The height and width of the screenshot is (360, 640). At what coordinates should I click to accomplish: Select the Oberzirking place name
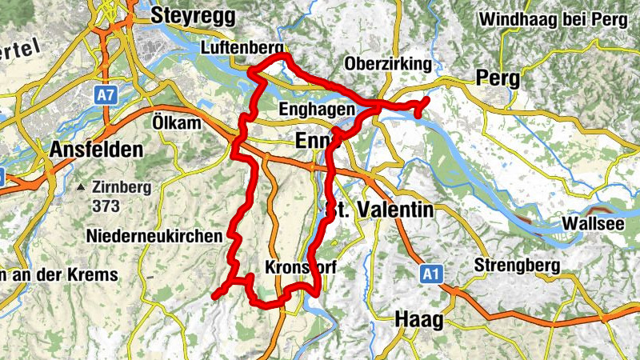[389, 64]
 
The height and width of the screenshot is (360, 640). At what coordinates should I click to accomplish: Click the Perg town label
[498, 78]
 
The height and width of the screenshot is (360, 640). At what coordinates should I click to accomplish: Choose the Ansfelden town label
[96, 150]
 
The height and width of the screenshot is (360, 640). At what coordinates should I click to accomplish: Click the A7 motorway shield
[105, 95]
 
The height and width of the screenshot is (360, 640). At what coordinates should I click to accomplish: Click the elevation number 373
[105, 206]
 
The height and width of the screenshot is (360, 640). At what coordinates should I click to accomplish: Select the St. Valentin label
[380, 210]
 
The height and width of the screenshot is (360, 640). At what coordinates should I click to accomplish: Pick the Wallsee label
[593, 223]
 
